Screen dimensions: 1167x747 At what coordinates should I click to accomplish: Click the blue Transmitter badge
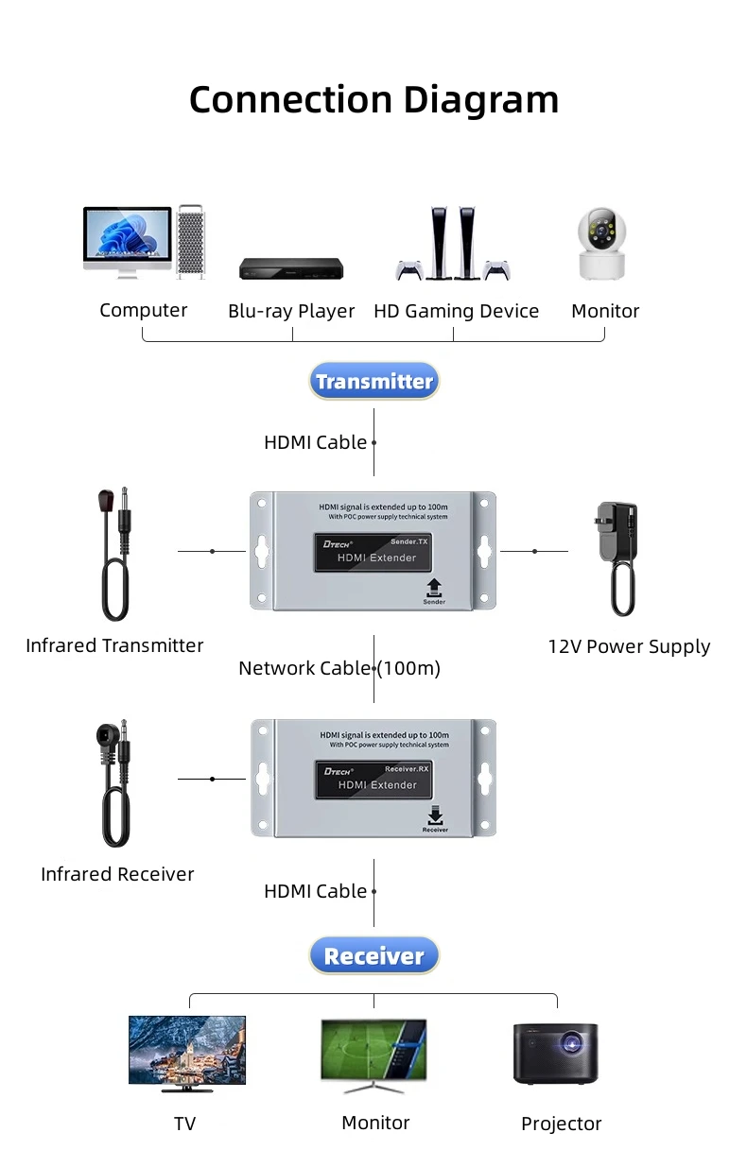pyautogui.click(x=373, y=382)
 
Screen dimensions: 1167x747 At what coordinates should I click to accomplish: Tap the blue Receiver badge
pyautogui.click(x=373, y=956)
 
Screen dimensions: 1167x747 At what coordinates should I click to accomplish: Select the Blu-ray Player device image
pyautogui.click(x=291, y=268)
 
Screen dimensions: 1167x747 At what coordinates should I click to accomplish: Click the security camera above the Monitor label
pyautogui.click(x=602, y=244)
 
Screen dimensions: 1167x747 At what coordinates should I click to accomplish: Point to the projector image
pyautogui.click(x=556, y=1053)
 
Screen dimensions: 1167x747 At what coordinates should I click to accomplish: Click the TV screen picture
pyautogui.click(x=187, y=1051)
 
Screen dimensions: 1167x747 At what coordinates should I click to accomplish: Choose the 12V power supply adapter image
pyautogui.click(x=616, y=557)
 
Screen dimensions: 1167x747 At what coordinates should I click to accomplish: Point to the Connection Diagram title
pyautogui.click(x=373, y=99)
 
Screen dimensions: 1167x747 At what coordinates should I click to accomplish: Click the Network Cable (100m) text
pyautogui.click(x=339, y=668)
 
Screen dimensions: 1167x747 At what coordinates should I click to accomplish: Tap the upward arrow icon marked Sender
pyautogui.click(x=434, y=587)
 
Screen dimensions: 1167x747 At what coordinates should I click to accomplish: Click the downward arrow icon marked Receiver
pyautogui.click(x=435, y=815)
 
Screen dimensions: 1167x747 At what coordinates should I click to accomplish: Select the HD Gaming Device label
pyautogui.click(x=456, y=311)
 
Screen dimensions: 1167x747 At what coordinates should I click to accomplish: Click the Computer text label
pyautogui.click(x=144, y=310)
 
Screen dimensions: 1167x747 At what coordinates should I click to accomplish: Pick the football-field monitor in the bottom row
pyautogui.click(x=373, y=1052)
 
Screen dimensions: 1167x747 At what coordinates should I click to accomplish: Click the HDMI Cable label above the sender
pyautogui.click(x=315, y=442)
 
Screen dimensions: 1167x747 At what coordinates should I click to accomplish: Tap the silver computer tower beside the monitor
pyautogui.click(x=190, y=242)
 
